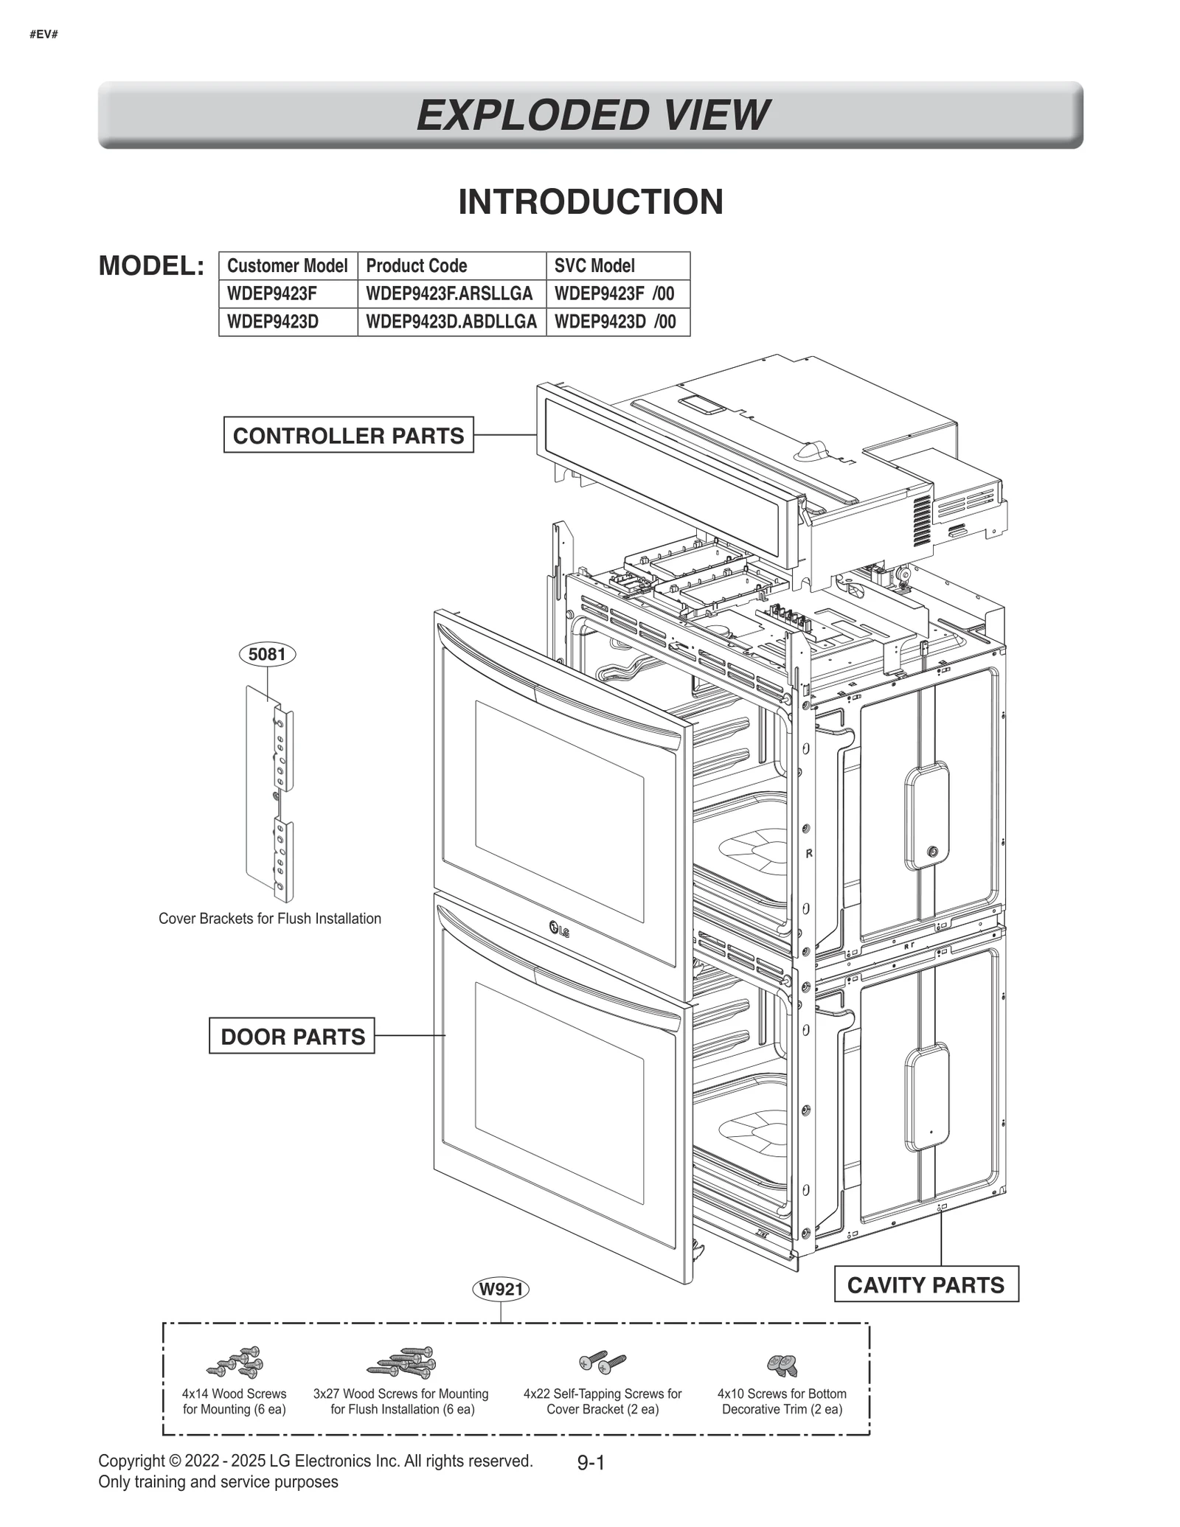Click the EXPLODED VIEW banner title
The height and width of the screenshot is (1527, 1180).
pyautogui.click(x=591, y=115)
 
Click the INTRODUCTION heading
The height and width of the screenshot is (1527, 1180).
pyautogui.click(x=590, y=202)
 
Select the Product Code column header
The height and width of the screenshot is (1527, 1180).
pyautogui.click(x=417, y=265)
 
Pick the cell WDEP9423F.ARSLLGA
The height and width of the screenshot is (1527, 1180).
pyautogui.click(x=449, y=293)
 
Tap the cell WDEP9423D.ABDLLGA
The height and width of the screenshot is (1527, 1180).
pyautogui.click(x=451, y=321)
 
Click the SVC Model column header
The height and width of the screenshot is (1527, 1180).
pyautogui.click(x=594, y=265)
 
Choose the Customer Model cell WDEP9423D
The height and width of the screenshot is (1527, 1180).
pyautogui.click(x=272, y=321)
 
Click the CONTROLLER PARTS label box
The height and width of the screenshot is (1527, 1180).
pyautogui.click(x=348, y=435)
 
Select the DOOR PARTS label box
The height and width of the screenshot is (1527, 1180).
pyautogui.click(x=292, y=1036)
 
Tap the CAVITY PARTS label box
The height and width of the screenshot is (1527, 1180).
pyautogui.click(x=926, y=1284)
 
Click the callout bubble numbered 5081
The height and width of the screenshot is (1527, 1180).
pyautogui.click(x=267, y=654)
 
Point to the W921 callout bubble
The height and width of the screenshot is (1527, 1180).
pyautogui.click(x=501, y=1289)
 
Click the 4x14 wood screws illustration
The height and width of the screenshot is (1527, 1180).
pyautogui.click(x=235, y=1362)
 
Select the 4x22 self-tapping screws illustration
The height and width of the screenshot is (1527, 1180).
pyautogui.click(x=603, y=1362)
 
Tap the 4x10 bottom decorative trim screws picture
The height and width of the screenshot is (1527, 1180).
pyautogui.click(x=782, y=1365)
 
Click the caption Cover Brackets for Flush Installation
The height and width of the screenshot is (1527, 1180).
pyautogui.click(x=270, y=919)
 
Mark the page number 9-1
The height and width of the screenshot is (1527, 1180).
pyautogui.click(x=591, y=1463)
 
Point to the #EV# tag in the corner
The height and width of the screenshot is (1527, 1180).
pyautogui.click(x=44, y=34)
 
